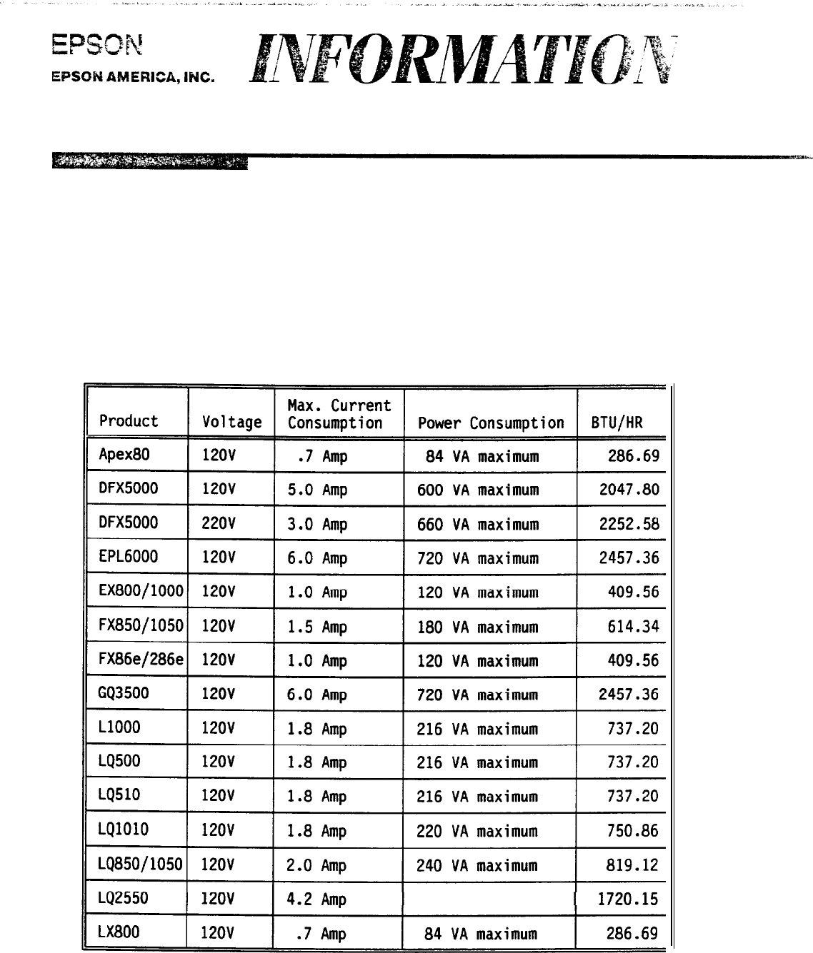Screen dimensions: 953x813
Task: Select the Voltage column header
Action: (231, 422)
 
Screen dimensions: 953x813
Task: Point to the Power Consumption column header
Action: (491, 423)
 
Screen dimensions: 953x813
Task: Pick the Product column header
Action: (129, 421)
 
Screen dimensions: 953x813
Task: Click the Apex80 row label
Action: (124, 454)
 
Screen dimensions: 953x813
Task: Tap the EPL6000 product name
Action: (129, 557)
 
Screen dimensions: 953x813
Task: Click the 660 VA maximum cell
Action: (477, 524)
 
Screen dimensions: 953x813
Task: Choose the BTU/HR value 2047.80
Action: (629, 490)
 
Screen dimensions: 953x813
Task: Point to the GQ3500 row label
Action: (124, 693)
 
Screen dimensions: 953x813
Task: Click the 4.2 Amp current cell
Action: (316, 899)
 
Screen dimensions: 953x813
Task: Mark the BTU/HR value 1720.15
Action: (628, 899)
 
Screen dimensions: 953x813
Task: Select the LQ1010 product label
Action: (124, 830)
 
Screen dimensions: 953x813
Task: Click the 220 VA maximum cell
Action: (477, 831)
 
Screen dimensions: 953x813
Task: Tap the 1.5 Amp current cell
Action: (316, 627)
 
